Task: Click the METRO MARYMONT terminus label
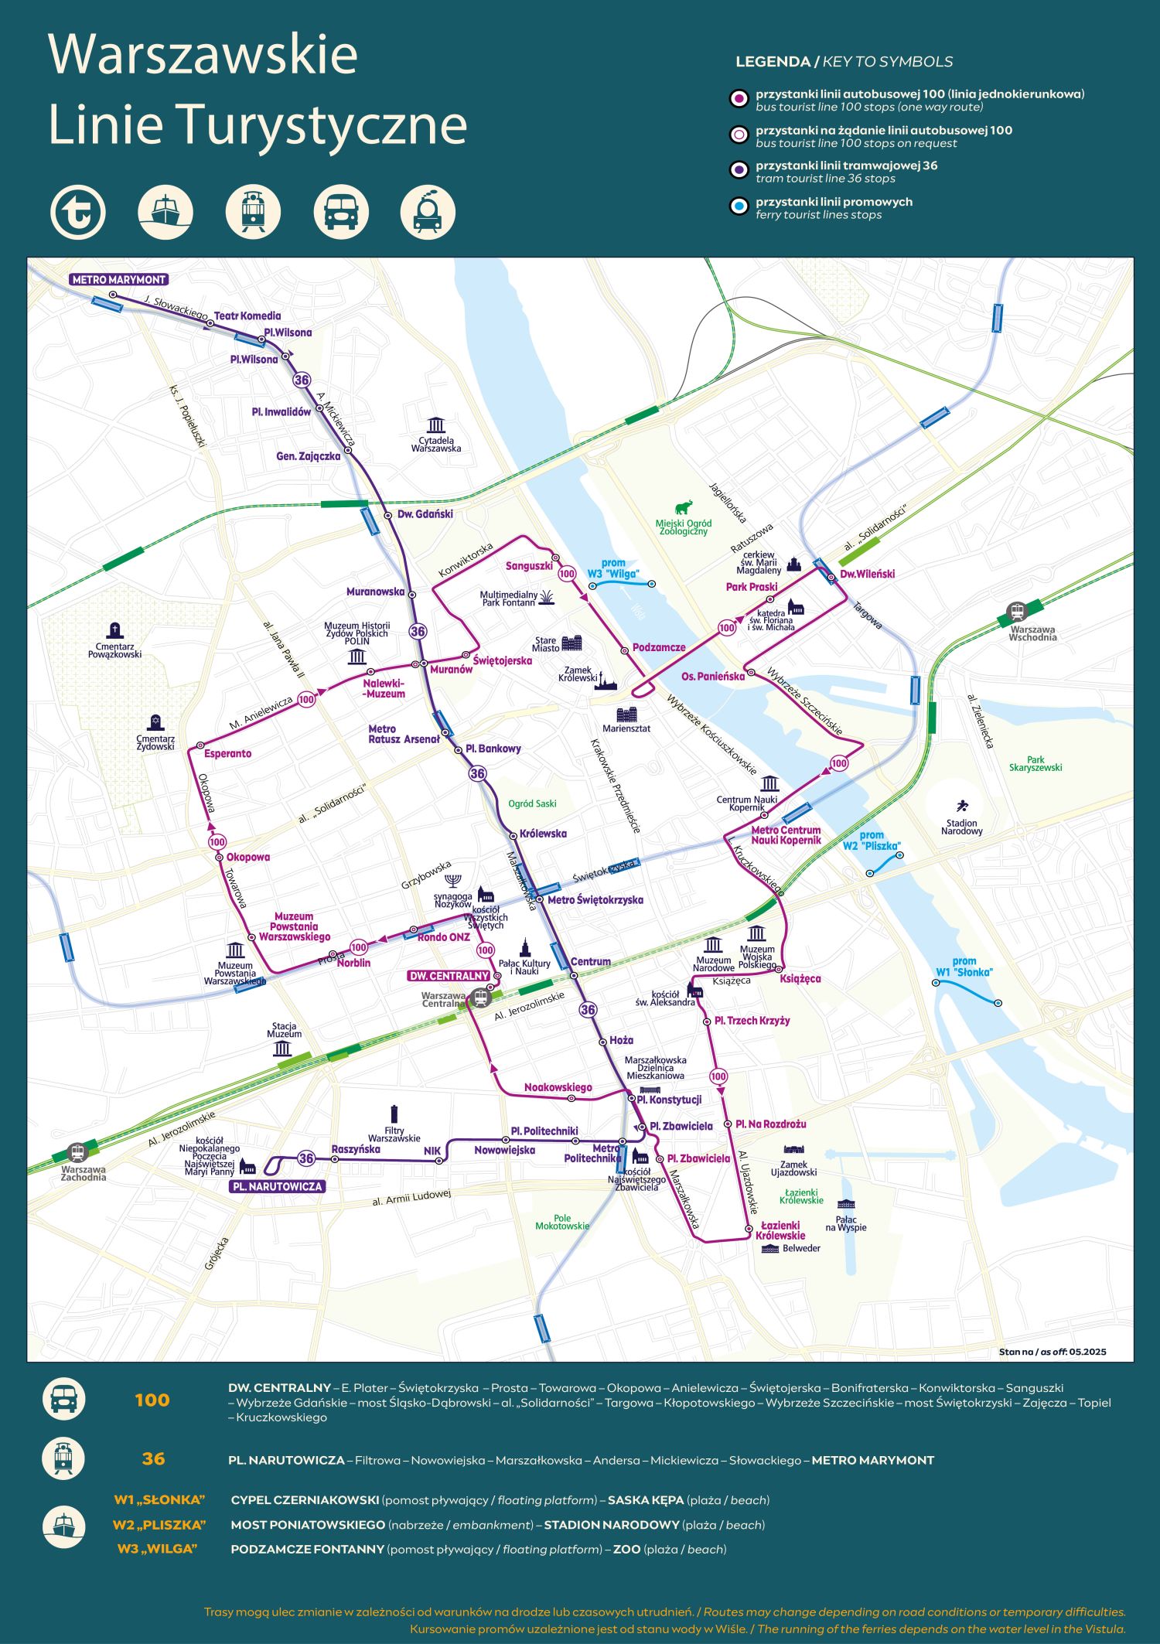click(118, 279)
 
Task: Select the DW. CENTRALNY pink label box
click(449, 976)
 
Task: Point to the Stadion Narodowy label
click(961, 827)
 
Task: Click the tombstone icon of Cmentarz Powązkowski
click(115, 630)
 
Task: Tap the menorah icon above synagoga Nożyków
click(454, 881)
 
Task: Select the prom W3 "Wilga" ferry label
click(612, 568)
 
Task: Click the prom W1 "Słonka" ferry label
click(964, 967)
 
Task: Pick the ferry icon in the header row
click(165, 211)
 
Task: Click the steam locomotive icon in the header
click(428, 211)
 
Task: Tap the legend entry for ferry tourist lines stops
click(834, 208)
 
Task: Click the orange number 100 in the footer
click(152, 1400)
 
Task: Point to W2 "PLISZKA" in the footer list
click(159, 1525)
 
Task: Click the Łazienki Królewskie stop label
click(781, 1230)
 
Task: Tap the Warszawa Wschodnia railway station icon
click(1016, 612)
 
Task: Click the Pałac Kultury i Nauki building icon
click(524, 947)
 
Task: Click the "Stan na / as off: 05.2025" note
click(1052, 1352)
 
